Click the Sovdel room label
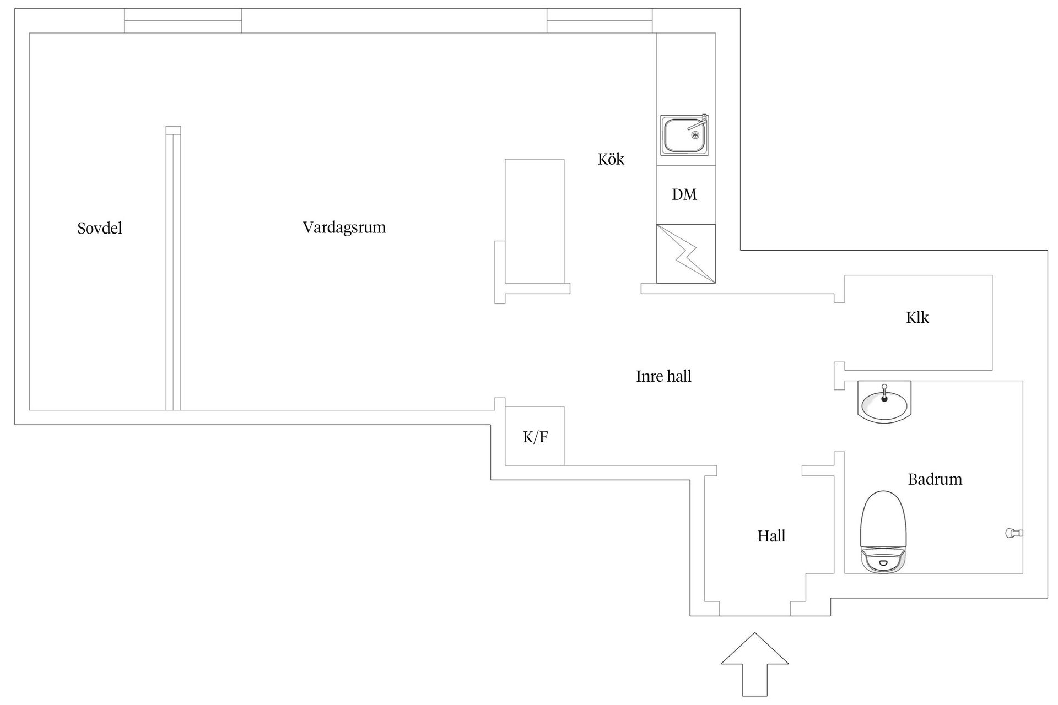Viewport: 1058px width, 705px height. [100, 228]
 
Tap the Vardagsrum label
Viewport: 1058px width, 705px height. [344, 227]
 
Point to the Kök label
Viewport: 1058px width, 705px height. [611, 159]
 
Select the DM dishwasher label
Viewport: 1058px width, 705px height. [684, 194]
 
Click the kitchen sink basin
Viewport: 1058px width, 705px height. [685, 135]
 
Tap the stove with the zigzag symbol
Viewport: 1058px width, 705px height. [686, 254]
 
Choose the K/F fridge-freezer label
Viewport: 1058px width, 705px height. [535, 437]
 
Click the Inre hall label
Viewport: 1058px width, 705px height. [663, 376]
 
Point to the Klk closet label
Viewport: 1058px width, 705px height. [917, 317]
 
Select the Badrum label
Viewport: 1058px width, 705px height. [935, 479]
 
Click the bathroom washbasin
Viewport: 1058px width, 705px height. [884, 402]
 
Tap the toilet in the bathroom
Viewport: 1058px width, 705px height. [883, 532]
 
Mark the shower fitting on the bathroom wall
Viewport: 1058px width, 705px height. [1014, 533]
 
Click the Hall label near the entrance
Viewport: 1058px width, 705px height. [771, 536]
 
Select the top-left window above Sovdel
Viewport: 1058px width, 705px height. [183, 21]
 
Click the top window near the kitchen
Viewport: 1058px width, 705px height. [600, 21]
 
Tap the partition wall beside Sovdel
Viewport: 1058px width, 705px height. [173, 268]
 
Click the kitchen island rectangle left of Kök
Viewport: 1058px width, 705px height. [535, 221]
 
